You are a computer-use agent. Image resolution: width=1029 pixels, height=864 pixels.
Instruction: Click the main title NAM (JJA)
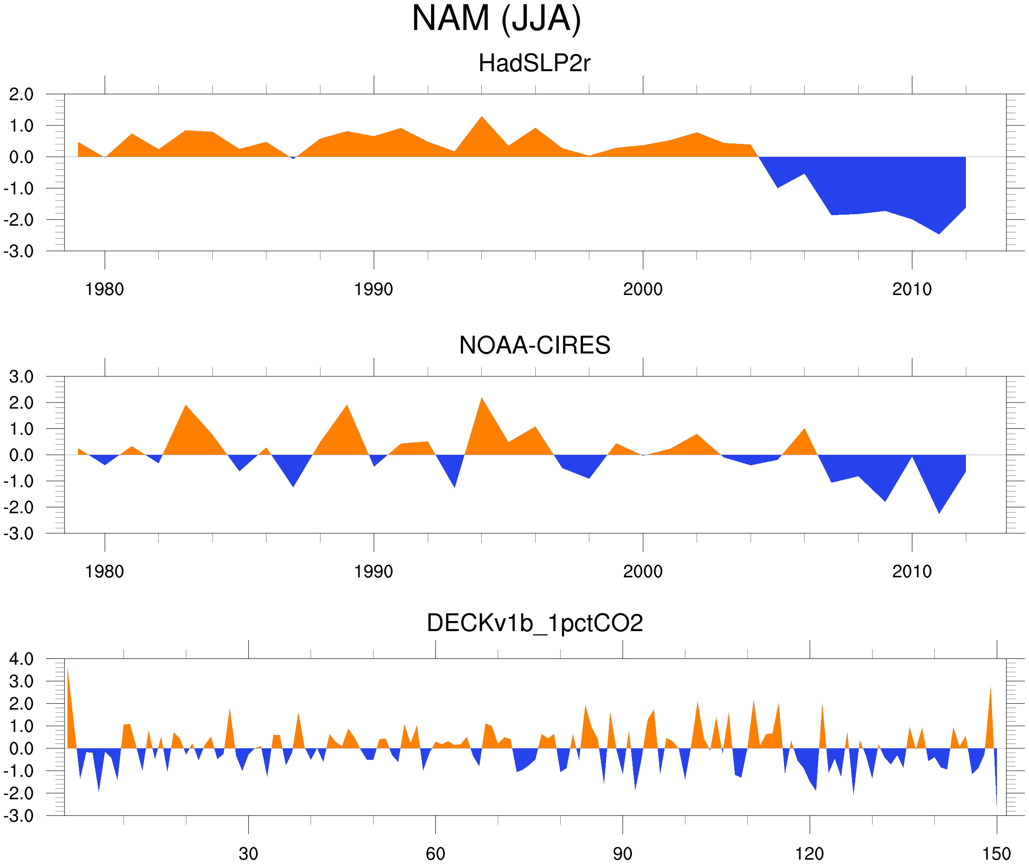coord(496,19)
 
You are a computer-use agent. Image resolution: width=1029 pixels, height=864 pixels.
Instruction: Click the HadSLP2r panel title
coord(534,63)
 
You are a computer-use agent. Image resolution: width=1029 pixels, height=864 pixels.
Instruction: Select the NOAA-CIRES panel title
coord(534,345)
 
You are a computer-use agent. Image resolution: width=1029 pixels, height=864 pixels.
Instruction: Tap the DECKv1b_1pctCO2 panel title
coord(534,623)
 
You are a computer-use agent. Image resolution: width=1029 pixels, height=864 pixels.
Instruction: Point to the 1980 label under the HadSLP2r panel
coord(104,289)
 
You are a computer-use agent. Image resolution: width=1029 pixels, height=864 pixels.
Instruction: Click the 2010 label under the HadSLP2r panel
coord(911,289)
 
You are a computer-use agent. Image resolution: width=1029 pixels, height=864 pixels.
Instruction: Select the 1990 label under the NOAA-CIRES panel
coord(374,571)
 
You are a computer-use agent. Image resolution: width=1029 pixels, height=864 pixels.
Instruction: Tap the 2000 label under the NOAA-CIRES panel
coord(642,571)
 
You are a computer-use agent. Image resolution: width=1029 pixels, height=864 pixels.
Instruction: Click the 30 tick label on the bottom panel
coord(248,853)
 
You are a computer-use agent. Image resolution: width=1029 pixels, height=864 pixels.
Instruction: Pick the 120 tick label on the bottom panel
coord(809,853)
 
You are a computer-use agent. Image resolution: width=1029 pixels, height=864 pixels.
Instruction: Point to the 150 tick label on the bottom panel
coord(996,853)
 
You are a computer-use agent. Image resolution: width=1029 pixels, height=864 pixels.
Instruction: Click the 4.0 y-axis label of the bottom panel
coord(21,659)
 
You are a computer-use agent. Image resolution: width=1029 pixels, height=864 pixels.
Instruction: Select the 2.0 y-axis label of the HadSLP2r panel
coord(21,94)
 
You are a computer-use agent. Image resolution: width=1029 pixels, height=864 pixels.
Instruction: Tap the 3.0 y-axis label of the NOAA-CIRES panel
coord(21,377)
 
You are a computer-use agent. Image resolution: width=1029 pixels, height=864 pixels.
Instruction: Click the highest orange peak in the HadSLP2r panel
coord(482,118)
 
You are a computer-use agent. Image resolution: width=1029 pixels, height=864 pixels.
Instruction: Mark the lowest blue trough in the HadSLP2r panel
coord(939,233)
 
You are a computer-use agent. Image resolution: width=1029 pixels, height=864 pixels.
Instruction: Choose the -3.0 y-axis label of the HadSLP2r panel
coord(19,252)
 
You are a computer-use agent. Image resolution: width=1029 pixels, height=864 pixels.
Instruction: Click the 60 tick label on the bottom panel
coord(435,853)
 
